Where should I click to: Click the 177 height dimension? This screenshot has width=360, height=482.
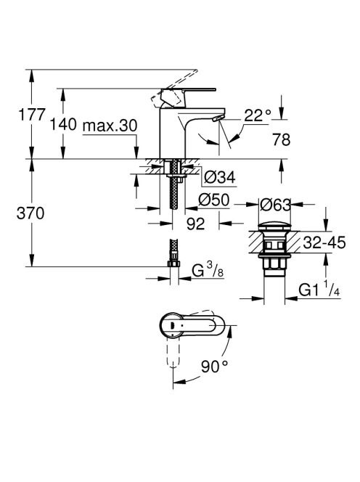32,115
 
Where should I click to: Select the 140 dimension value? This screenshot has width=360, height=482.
63,125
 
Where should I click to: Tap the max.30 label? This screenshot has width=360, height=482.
110,126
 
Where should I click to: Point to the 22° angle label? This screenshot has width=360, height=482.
258,115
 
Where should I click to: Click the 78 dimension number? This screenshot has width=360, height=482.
282,139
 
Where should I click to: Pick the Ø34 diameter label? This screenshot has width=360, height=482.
220,177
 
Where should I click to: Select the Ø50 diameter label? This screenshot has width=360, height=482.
214,200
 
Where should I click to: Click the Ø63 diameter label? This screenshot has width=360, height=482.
275,205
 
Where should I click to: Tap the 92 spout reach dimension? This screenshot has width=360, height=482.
195,224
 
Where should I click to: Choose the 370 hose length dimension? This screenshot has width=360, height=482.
30,213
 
